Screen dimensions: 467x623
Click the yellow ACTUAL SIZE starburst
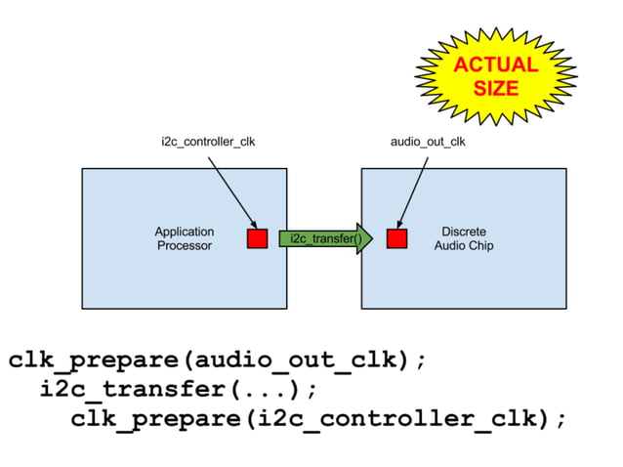click(494, 75)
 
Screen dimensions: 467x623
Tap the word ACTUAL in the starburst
click(495, 65)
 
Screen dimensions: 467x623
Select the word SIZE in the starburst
click(495, 88)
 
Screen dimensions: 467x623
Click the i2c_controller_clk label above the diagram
click(208, 142)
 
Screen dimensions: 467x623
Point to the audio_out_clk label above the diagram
click(428, 142)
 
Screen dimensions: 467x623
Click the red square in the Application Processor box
click(257, 238)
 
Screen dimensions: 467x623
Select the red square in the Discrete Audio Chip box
click(396, 238)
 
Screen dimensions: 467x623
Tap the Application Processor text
click(185, 238)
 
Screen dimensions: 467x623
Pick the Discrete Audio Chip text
click(464, 238)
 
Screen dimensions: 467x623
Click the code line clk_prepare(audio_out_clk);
click(217, 360)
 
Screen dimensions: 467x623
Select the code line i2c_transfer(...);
click(180, 390)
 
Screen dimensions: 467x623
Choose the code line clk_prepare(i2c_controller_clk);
click(318, 419)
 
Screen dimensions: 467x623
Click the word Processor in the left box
click(185, 245)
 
